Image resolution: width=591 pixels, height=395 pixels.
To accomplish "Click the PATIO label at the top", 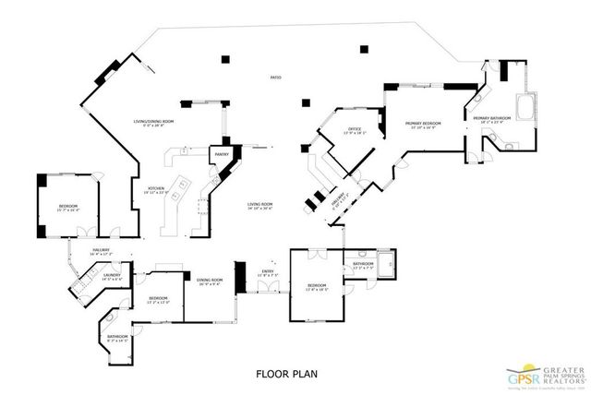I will tap(276, 78).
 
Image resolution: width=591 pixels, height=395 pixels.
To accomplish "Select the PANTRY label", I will tap(222, 155).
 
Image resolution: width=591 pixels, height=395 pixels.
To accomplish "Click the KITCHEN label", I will tap(156, 190).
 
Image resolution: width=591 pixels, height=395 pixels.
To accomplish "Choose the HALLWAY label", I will tap(101, 251).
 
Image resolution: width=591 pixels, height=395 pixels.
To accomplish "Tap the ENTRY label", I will tap(268, 272).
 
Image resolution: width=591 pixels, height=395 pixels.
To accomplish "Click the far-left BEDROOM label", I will tap(67, 207).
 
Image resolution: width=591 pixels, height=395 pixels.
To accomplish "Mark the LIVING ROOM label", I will tap(259, 206).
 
